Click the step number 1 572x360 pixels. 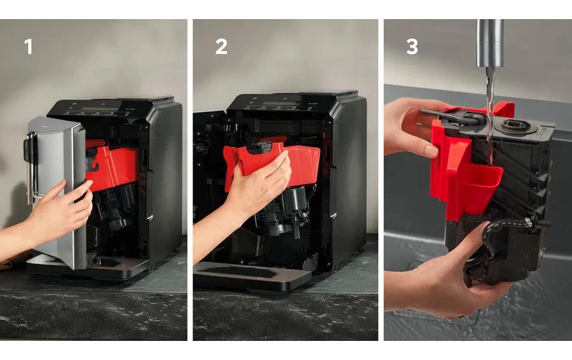[x=28, y=46]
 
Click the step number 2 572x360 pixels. [x=221, y=46]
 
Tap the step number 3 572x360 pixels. [x=412, y=46]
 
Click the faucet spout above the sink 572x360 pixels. [x=490, y=43]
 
